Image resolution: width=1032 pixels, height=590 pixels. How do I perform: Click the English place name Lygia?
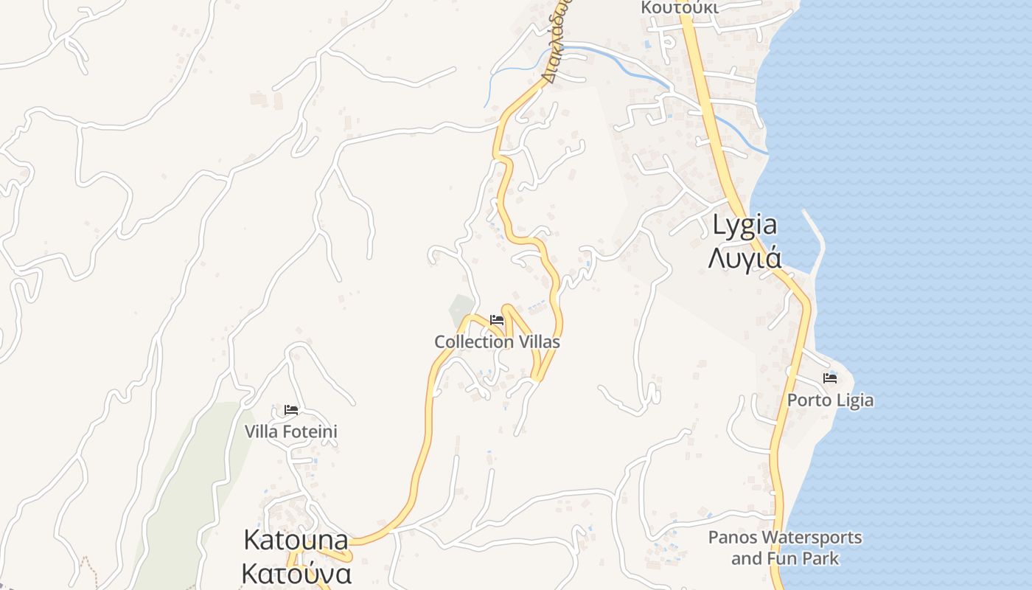tap(745, 225)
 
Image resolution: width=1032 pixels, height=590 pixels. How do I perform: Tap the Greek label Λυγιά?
tap(745, 258)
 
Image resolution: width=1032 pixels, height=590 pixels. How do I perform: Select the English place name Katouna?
tap(296, 540)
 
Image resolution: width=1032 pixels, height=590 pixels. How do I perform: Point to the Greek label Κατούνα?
tap(296, 573)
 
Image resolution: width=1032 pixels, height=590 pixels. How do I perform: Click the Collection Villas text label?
tap(497, 342)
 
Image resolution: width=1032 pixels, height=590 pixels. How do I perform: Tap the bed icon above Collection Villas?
tap(497, 320)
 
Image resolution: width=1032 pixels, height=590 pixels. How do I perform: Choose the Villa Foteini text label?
tap(291, 431)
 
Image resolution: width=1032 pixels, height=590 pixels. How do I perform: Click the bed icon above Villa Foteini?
tap(291, 410)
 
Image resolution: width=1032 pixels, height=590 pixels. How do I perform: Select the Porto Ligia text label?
tap(830, 400)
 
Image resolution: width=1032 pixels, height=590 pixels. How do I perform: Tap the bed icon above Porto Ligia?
tap(830, 378)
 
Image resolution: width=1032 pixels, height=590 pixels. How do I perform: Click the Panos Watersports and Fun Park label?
tap(785, 547)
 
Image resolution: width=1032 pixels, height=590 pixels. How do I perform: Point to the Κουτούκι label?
tap(679, 7)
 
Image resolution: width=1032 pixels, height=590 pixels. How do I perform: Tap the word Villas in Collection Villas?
tap(538, 342)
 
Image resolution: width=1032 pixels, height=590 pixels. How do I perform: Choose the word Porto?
tap(806, 400)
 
